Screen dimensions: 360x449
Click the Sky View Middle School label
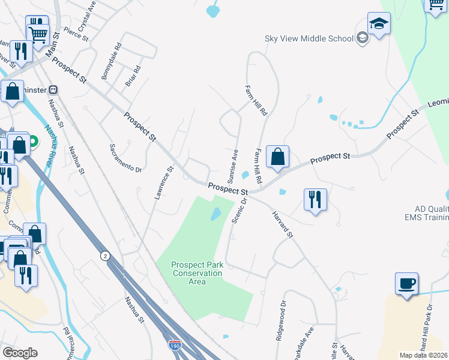[x=309, y=39]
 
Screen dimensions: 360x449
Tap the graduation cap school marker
[x=379, y=25]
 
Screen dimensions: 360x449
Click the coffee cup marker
[x=406, y=284]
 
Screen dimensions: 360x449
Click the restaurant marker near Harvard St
[x=316, y=199]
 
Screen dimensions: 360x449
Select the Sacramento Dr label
[x=125, y=158]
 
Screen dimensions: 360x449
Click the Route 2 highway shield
[x=105, y=255]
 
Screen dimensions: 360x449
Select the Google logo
[x=20, y=353]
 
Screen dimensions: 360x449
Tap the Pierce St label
[x=76, y=34]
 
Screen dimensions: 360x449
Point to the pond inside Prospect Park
[x=215, y=214]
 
